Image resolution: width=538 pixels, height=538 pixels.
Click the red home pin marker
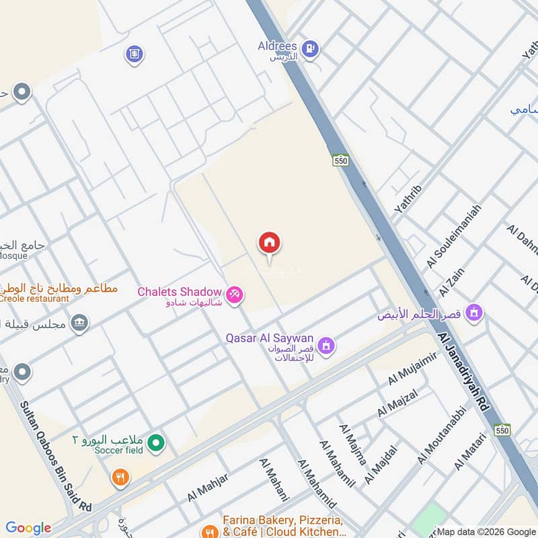[x=270, y=243]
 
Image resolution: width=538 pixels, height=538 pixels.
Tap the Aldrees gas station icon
[x=309, y=48]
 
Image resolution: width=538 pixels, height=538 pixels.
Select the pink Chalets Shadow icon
[x=235, y=295]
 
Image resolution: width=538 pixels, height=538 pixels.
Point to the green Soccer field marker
[x=156, y=443]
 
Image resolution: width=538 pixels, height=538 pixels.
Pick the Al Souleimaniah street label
[x=455, y=236]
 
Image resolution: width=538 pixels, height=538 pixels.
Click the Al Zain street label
[x=453, y=282]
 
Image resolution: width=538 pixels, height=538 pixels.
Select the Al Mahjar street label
[x=208, y=487]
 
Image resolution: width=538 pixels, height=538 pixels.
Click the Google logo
[x=28, y=528]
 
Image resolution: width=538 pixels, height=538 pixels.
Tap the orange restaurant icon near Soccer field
[x=121, y=477]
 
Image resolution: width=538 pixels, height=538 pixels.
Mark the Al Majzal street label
[x=397, y=401]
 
